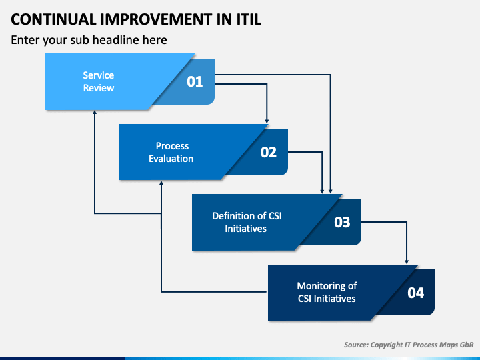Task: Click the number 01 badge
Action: pos(195,82)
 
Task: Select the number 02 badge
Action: pos(269,152)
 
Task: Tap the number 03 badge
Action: pos(342,222)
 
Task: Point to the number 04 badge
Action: pos(416,293)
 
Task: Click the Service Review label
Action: pos(99,81)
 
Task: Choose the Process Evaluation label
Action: pos(171,152)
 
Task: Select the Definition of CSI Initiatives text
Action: pos(247,222)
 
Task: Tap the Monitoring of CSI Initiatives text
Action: pos(327,292)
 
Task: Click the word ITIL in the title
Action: pos(249,19)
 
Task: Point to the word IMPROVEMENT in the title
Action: pos(156,19)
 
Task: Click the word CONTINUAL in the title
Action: pos(53,19)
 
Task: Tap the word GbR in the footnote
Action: pos(467,345)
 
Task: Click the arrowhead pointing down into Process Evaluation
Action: pos(267,121)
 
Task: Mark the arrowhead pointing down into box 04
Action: pos(407,261)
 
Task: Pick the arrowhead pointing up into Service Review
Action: pos(95,113)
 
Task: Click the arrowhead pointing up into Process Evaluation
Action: pos(161,183)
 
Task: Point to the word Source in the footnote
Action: pos(356,345)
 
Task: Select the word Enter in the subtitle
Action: pos(25,40)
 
